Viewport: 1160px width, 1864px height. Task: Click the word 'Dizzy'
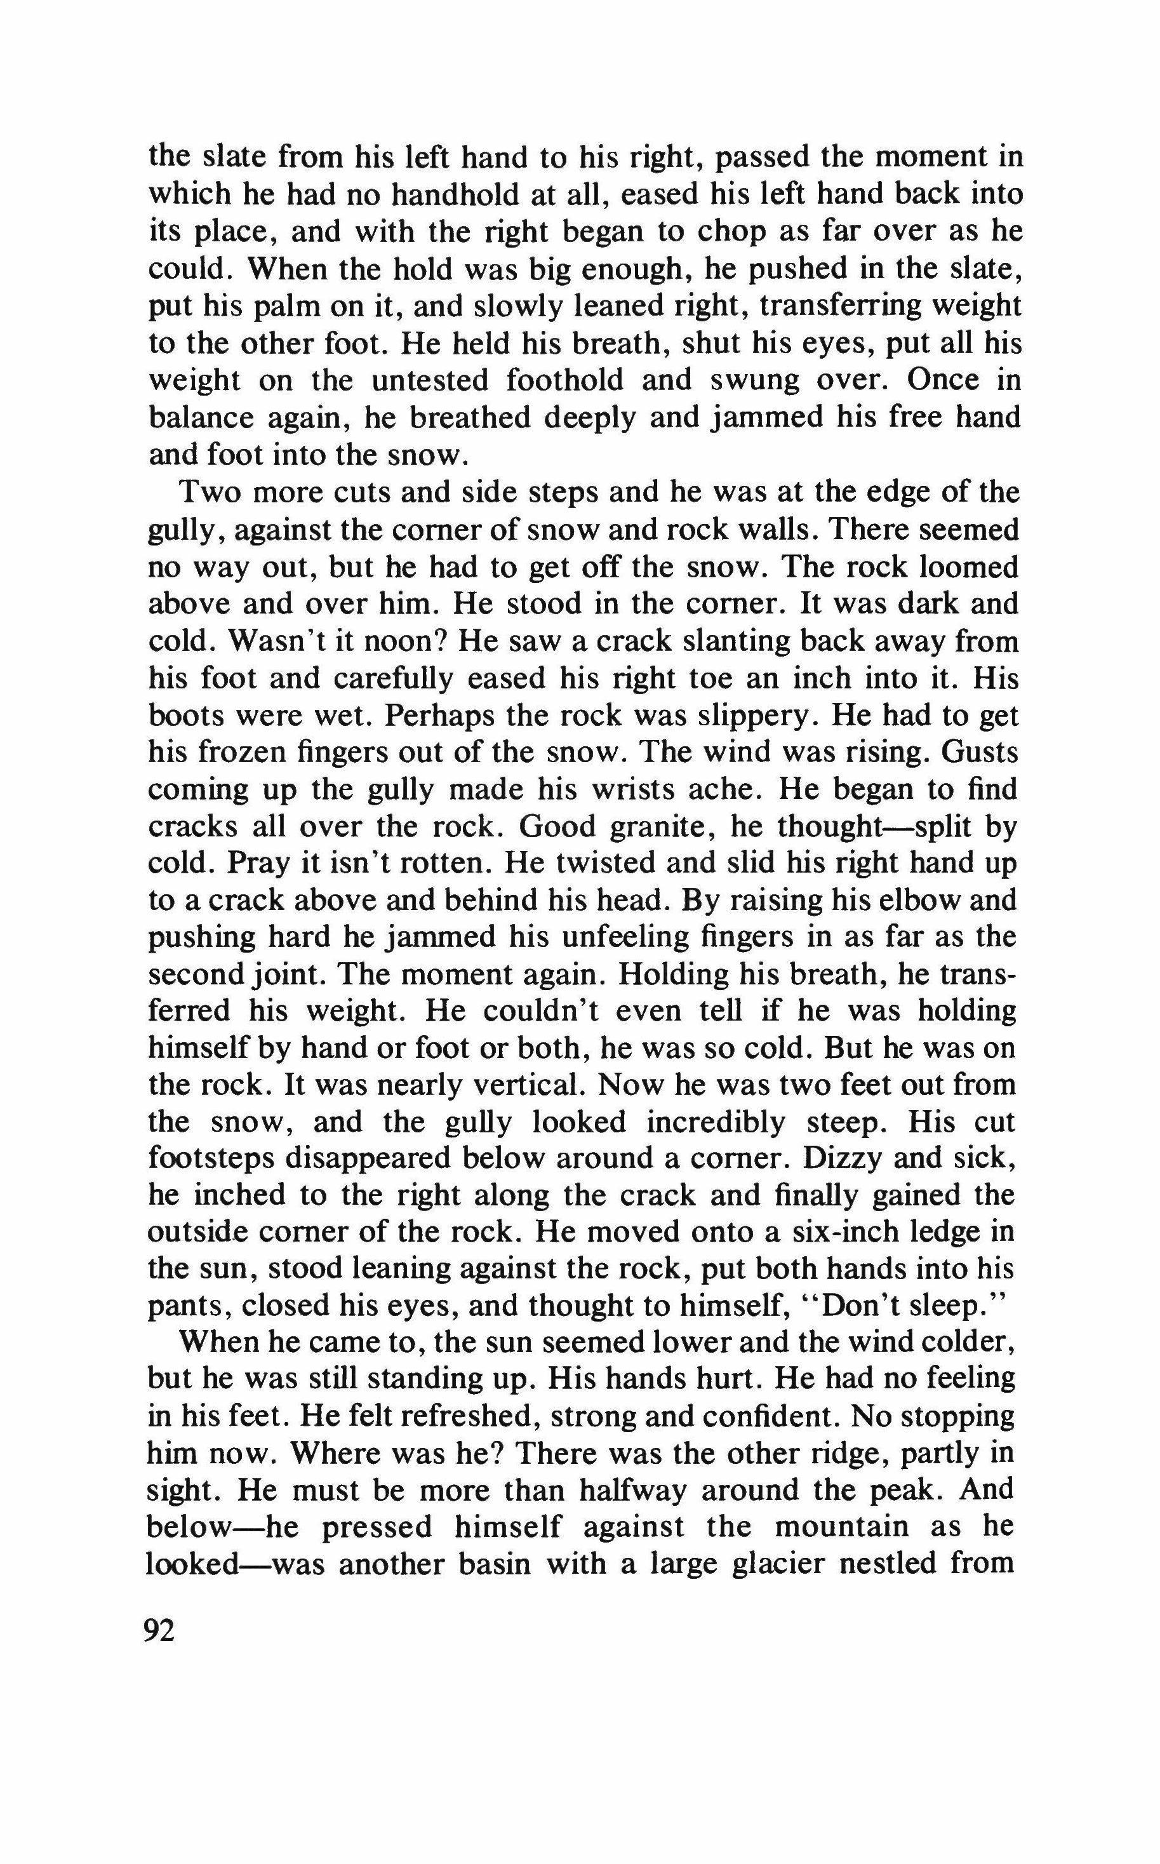tap(841, 1159)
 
